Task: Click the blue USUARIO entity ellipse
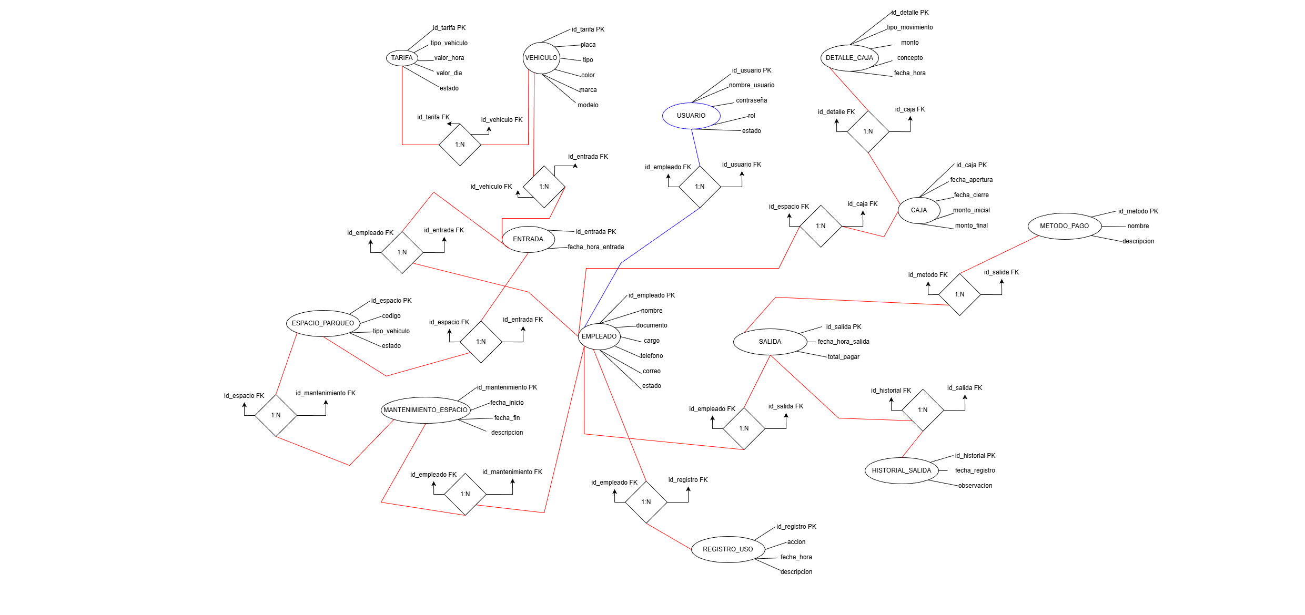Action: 691,116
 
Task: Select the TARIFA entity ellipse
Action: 402,58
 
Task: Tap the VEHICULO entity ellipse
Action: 541,58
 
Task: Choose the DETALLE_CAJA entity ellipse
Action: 849,58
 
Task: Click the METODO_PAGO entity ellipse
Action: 1064,226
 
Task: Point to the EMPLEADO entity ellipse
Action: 599,336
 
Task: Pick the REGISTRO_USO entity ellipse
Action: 727,549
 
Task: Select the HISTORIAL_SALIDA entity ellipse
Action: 901,470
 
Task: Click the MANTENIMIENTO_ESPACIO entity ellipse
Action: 425,410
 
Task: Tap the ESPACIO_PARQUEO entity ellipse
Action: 322,323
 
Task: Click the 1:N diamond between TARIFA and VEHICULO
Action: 460,145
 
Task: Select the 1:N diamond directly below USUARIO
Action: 700,187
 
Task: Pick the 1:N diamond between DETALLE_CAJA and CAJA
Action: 868,131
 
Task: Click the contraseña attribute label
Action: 751,100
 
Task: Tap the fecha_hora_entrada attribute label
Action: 595,247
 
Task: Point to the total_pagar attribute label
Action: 843,357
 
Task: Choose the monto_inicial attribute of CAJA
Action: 971,210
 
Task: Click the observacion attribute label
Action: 975,486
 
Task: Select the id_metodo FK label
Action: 927,275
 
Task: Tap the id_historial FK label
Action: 891,391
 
